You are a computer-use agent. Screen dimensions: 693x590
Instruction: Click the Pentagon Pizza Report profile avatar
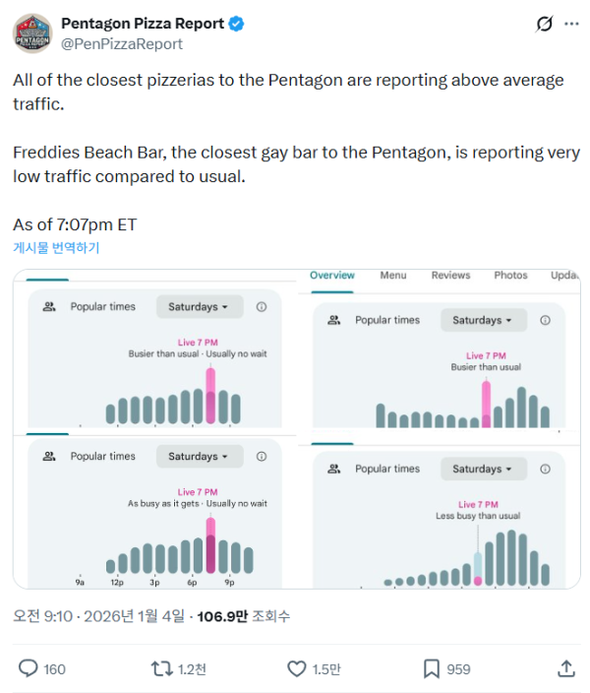click(32, 32)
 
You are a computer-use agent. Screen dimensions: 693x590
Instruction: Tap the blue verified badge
click(236, 24)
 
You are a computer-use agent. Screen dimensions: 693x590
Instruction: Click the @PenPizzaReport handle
click(121, 44)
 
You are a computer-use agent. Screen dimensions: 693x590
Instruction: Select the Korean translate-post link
click(56, 248)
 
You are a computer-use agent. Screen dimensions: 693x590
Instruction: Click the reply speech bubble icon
click(29, 668)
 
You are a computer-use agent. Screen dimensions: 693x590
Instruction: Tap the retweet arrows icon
click(161, 668)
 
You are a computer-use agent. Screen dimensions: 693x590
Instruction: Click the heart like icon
click(297, 668)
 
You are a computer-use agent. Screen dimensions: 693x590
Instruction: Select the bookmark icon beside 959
click(431, 668)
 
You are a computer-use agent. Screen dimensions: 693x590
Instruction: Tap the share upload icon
click(566, 668)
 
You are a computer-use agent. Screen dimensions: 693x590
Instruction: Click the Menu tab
click(393, 276)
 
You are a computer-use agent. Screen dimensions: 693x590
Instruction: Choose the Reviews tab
click(450, 276)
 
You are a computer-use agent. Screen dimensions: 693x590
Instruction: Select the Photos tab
click(510, 276)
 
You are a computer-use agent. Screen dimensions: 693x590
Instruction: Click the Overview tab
click(332, 276)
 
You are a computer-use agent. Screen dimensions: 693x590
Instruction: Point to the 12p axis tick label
click(117, 582)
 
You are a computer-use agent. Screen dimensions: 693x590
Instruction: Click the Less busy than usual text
click(478, 516)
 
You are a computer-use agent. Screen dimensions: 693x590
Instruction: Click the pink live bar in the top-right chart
click(487, 404)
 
